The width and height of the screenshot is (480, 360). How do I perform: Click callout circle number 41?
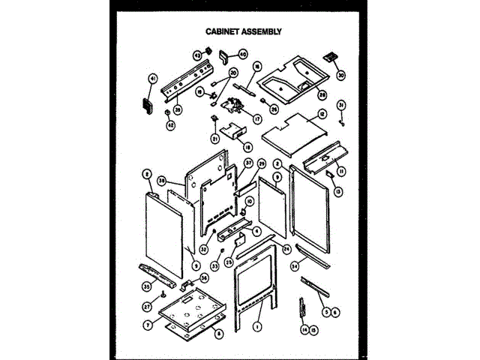[152, 78]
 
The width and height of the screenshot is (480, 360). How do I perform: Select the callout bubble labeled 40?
[242, 54]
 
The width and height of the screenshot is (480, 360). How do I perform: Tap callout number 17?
[256, 118]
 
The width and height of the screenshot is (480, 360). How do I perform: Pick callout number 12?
[321, 113]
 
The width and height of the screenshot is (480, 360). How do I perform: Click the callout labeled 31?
[341, 105]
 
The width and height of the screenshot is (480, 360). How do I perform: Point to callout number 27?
[147, 306]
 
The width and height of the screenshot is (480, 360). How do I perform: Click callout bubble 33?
[214, 265]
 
